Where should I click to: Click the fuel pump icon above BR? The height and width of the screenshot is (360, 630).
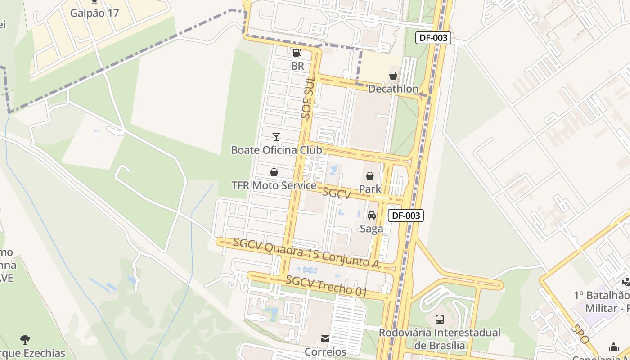coord(297,53)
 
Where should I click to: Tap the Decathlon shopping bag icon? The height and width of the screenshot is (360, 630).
coord(393,76)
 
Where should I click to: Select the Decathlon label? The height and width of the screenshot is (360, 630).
coord(393,89)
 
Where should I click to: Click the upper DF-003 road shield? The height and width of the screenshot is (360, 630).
coord(433,38)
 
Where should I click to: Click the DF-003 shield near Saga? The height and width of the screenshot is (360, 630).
coord(406,216)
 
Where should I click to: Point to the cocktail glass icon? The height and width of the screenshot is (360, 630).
coord(276,136)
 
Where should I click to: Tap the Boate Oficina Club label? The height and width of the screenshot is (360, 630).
coord(276,150)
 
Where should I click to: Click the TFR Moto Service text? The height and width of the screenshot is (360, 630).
coord(274,185)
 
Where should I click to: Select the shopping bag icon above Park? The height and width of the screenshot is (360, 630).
coord(370,176)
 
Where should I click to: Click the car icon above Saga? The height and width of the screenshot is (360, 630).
coord(372,216)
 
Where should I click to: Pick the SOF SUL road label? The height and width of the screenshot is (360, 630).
coord(308,98)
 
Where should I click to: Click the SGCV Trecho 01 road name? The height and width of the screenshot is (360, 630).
coord(327,286)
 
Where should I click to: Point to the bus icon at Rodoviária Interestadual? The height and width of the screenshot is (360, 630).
coord(440,319)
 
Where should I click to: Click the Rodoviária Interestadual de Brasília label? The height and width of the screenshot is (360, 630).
coord(440,339)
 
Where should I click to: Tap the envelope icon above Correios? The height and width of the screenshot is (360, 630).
coord(325,339)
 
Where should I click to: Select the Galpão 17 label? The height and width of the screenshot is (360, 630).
coord(94,13)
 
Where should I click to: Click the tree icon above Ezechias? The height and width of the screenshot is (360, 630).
coord(25,340)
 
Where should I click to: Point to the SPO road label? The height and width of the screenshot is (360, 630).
coord(581,334)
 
